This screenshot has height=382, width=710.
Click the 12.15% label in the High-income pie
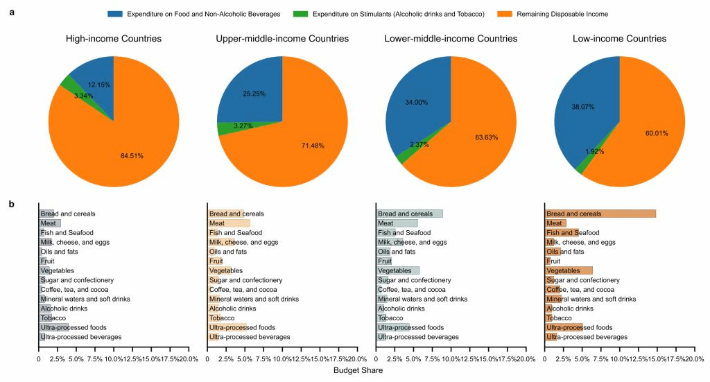click(x=99, y=85)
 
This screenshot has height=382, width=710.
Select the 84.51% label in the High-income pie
click(x=132, y=156)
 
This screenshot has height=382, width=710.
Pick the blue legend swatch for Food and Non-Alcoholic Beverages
click(x=115, y=14)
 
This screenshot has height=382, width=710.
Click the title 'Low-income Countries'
click(x=619, y=39)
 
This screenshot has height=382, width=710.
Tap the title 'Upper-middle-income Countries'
click(x=282, y=39)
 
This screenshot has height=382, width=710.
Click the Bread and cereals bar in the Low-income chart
click(x=600, y=214)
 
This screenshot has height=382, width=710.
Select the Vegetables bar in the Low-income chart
click(x=569, y=270)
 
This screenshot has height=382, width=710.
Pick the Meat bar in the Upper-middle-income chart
click(x=229, y=223)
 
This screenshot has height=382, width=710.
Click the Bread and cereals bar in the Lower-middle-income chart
click(x=409, y=214)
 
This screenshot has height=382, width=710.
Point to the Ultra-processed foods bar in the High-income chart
click(x=54, y=327)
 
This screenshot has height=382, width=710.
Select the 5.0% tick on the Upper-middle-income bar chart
click(x=245, y=359)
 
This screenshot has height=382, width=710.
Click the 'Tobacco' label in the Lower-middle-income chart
click(x=392, y=318)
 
